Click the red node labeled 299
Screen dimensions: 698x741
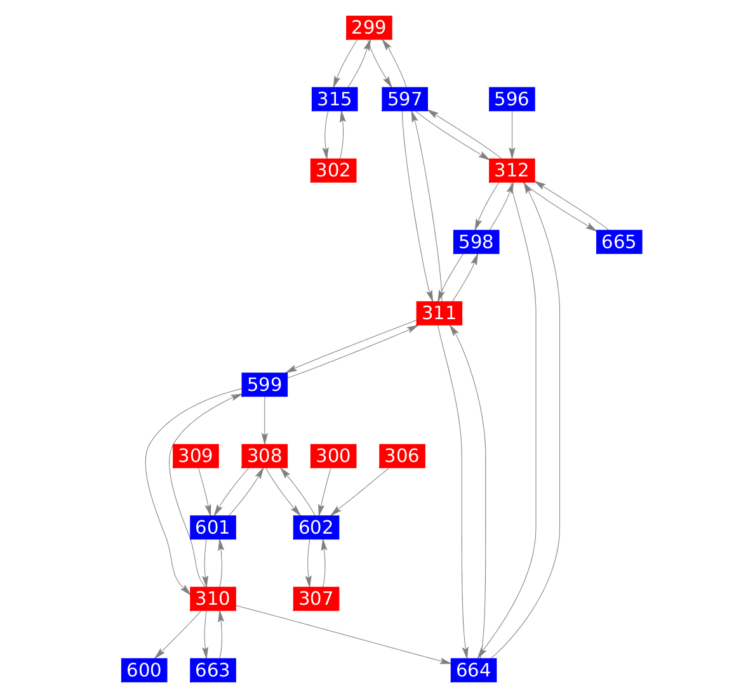coord(369,27)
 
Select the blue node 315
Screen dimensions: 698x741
coord(335,99)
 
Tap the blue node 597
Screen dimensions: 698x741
coord(404,99)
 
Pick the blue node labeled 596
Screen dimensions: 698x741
coord(512,99)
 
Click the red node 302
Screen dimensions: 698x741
coord(333,170)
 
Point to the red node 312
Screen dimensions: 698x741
coord(512,170)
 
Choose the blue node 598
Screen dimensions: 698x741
coord(476,242)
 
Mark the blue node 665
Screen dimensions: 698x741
coord(619,242)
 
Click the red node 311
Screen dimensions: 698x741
coord(439,313)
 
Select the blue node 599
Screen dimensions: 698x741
coord(265,385)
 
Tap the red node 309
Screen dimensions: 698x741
coord(196,456)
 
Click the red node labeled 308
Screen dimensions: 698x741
coord(265,456)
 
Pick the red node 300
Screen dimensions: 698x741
coord(333,456)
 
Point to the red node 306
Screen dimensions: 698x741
coord(403,456)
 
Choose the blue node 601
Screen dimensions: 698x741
coord(213,527)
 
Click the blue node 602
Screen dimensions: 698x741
coord(316,527)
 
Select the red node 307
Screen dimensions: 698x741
coord(316,598)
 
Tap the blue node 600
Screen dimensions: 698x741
coord(144,670)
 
